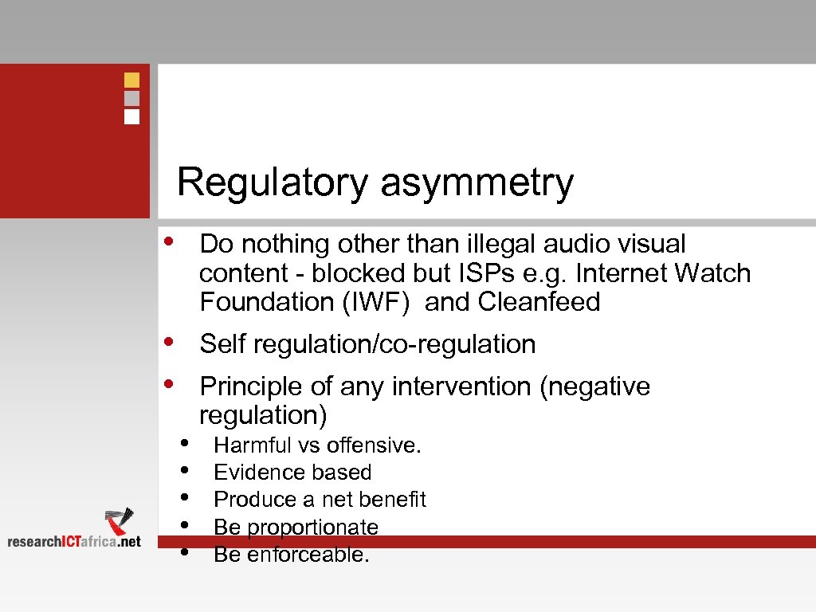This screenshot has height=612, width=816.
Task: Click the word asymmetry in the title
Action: [477, 182]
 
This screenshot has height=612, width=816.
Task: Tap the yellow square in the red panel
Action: [132, 80]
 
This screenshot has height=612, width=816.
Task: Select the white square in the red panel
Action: [132, 116]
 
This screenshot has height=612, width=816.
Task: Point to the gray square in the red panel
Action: [132, 98]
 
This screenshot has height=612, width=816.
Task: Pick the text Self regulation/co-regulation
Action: [367, 344]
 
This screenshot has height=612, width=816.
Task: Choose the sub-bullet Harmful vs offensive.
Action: [317, 445]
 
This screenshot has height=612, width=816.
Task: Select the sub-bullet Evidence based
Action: [292, 473]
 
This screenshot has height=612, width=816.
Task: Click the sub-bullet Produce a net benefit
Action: [320, 500]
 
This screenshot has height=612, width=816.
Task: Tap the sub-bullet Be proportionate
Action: [296, 528]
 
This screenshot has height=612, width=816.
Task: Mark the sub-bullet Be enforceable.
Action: [292, 555]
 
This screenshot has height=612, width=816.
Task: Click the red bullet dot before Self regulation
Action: [169, 341]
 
